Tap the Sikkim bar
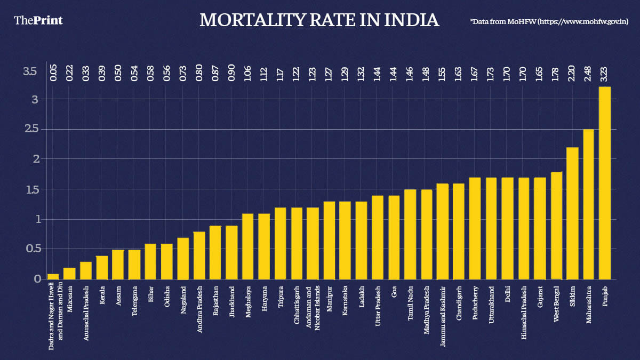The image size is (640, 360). coord(572,213)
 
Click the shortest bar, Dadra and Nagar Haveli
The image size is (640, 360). coord(53,276)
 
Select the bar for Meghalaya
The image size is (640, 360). coord(248,246)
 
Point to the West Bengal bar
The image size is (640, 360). coord(556,226)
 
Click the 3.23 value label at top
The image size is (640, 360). coord(605,72)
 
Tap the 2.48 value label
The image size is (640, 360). coord(588,72)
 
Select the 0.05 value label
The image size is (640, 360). coord(53,72)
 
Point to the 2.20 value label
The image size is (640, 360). coord(572,72)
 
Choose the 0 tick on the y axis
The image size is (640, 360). coord(37,279)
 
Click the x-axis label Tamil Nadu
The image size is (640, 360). coord(411,305)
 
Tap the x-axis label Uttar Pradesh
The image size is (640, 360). coord(378,307)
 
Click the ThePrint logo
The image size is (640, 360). coord(38,20)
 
